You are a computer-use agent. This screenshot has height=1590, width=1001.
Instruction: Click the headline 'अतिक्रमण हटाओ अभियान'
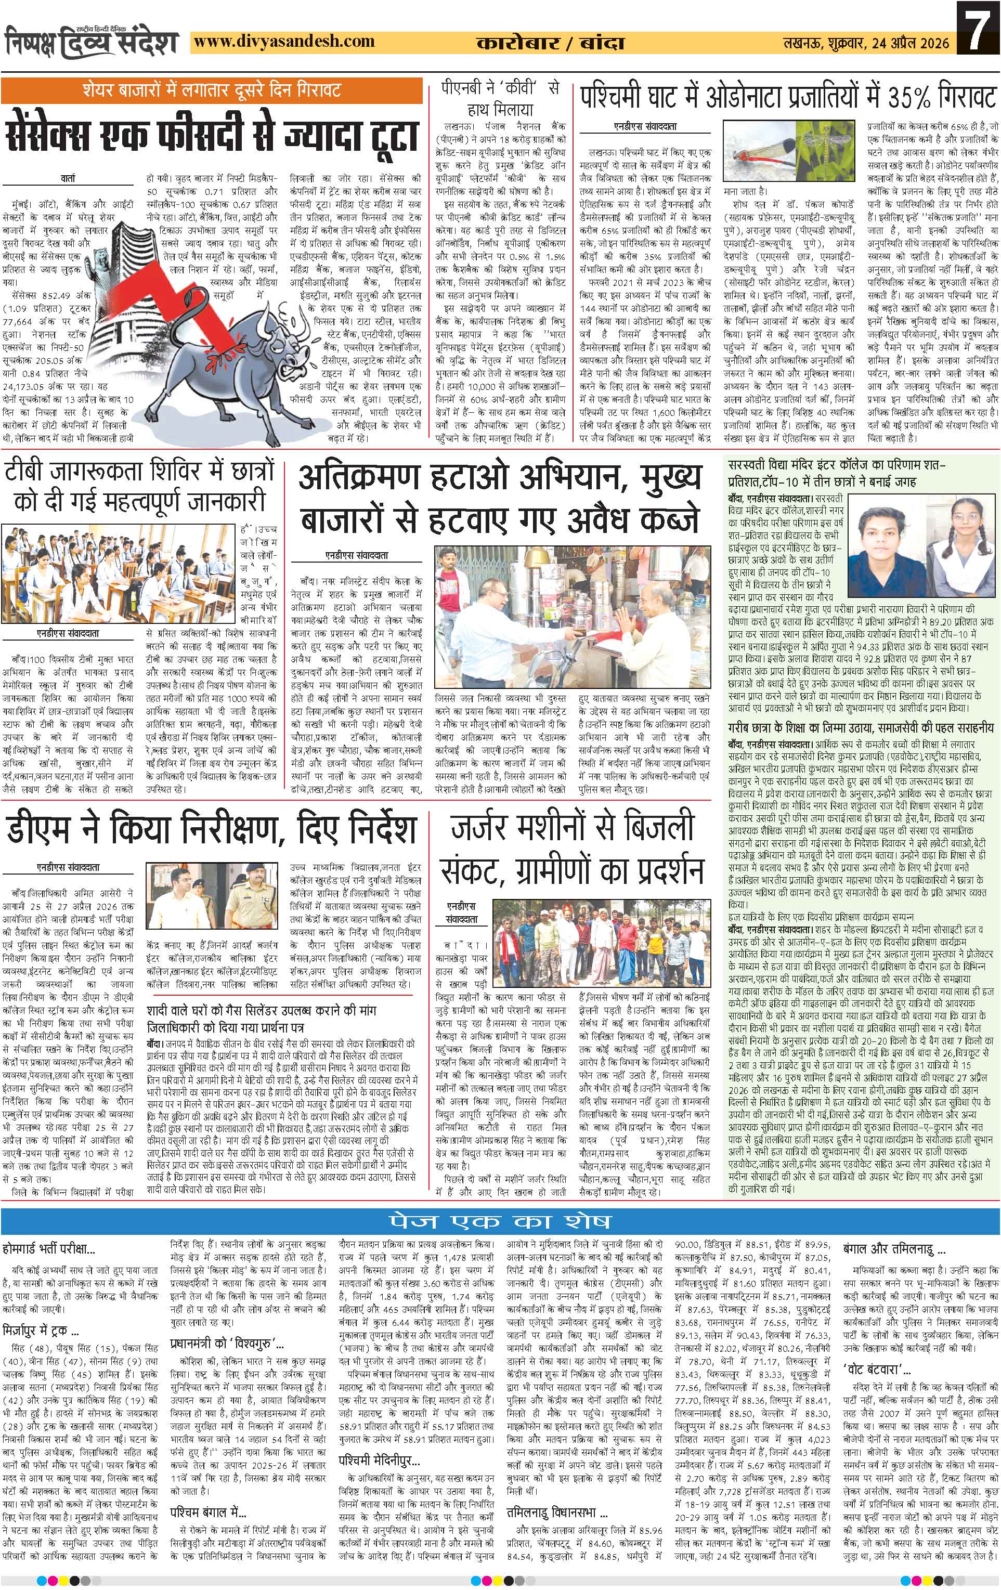(x=499, y=498)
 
